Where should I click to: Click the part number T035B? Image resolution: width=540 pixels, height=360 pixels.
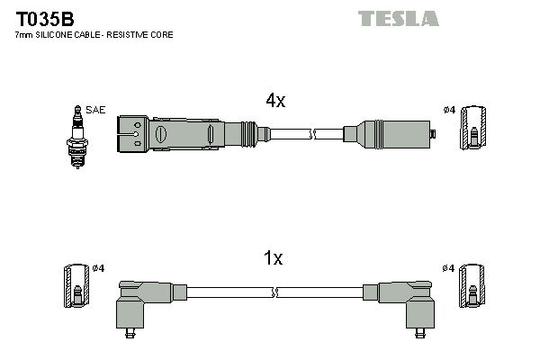click(45, 19)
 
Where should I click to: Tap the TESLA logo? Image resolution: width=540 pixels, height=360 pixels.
click(399, 18)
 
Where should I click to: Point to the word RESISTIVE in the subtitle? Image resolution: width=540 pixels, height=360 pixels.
click(128, 35)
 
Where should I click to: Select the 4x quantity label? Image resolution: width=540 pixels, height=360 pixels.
click(275, 100)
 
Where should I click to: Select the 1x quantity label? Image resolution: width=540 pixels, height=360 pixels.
click(273, 257)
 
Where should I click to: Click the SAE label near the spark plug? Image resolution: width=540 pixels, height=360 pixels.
click(95, 110)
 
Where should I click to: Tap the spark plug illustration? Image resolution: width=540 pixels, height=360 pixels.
click(77, 137)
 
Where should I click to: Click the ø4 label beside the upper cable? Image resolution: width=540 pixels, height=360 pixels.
click(449, 110)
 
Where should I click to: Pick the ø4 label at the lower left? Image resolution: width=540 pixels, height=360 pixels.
click(98, 268)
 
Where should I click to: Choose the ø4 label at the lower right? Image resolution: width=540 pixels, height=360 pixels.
click(448, 268)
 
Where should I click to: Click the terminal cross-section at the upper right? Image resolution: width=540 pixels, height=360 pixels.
click(473, 128)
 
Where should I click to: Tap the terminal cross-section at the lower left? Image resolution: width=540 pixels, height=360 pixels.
click(76, 286)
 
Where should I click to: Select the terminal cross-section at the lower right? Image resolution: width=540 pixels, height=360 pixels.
click(472, 286)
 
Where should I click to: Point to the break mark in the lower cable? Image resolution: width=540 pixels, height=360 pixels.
click(275, 292)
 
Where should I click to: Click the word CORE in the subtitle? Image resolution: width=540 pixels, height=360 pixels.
click(162, 35)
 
